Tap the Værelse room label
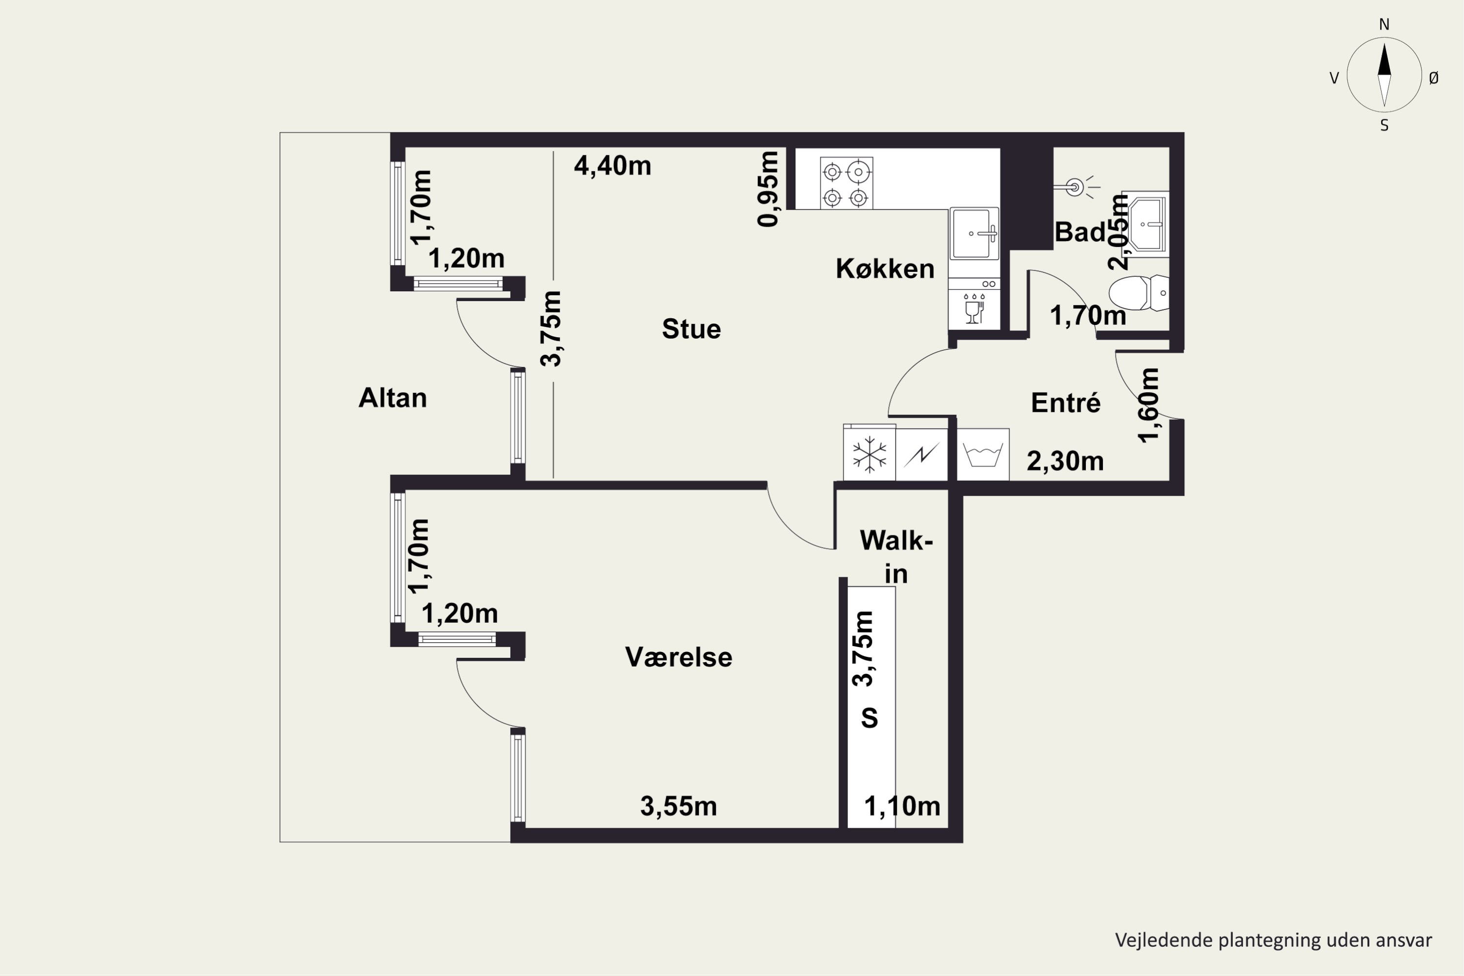pyautogui.click(x=678, y=657)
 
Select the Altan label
pyautogui.click(x=393, y=398)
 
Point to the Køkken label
pyautogui.click(x=884, y=269)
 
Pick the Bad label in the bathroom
pyautogui.click(x=1080, y=232)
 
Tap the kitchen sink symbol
pyautogui.click(x=974, y=233)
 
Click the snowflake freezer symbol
pyautogui.click(x=869, y=453)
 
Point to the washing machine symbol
pyautogui.click(x=983, y=454)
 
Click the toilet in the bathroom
pyautogui.click(x=1139, y=292)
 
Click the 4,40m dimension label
pyautogui.click(x=612, y=165)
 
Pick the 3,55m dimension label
pyautogui.click(x=678, y=807)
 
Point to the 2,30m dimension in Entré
pyautogui.click(x=1065, y=461)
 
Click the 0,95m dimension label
pyautogui.click(x=768, y=188)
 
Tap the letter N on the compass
pyautogui.click(x=1384, y=24)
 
